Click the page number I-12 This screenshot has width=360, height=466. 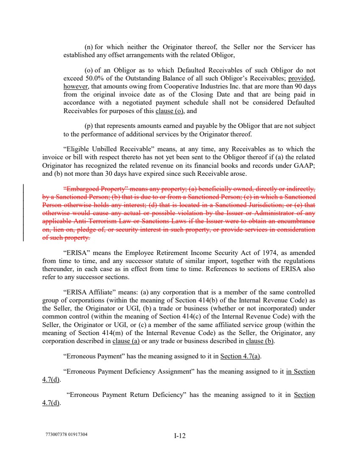[x=180, y=436]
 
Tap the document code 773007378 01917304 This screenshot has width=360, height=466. [x=68, y=434]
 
